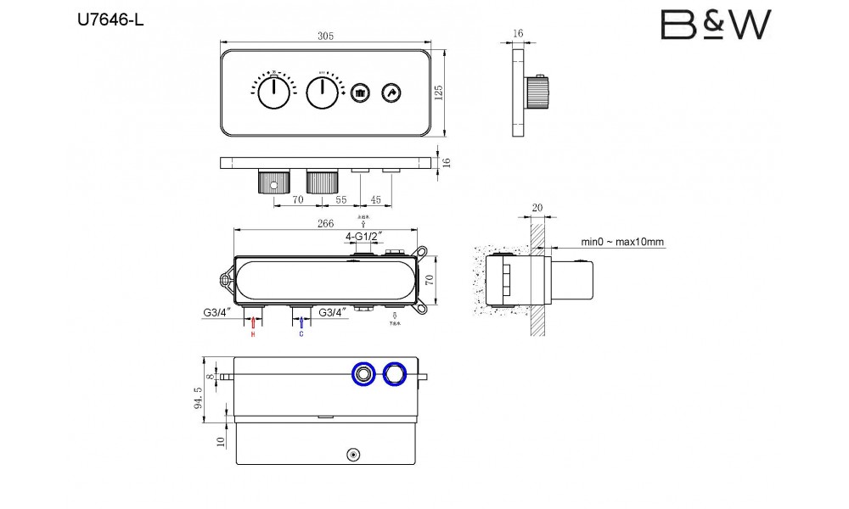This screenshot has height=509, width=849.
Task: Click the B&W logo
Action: (716, 25)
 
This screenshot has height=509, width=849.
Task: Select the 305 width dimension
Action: (326, 36)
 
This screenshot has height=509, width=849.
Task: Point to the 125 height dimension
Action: (439, 92)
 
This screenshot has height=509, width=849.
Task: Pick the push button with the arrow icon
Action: (391, 92)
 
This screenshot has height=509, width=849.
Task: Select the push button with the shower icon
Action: (360, 92)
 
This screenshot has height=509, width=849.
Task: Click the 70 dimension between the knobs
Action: (298, 201)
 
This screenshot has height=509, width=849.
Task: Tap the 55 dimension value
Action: (341, 201)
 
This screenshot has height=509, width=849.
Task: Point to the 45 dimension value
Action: (374, 201)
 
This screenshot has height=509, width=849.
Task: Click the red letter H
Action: (252, 334)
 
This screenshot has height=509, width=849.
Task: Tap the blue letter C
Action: (301, 334)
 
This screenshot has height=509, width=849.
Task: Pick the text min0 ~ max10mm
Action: (622, 242)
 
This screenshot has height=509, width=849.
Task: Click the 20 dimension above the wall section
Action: (537, 208)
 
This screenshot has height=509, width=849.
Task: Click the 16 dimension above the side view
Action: (518, 33)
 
